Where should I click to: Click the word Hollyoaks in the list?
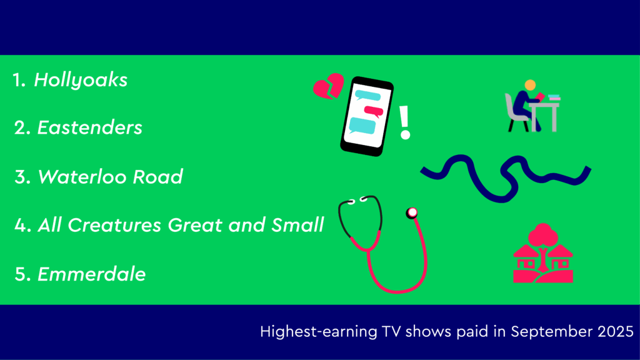click(81, 80)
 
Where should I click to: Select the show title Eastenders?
click(90, 127)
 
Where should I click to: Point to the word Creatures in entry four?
click(114, 225)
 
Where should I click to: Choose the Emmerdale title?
click(91, 274)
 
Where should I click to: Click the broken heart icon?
click(329, 86)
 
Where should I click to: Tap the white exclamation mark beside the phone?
click(404, 122)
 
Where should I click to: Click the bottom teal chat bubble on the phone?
click(362, 126)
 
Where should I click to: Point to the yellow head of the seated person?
click(530, 85)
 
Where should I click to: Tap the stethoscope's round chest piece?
click(412, 212)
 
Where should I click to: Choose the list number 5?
click(21, 274)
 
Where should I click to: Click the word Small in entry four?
click(297, 225)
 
